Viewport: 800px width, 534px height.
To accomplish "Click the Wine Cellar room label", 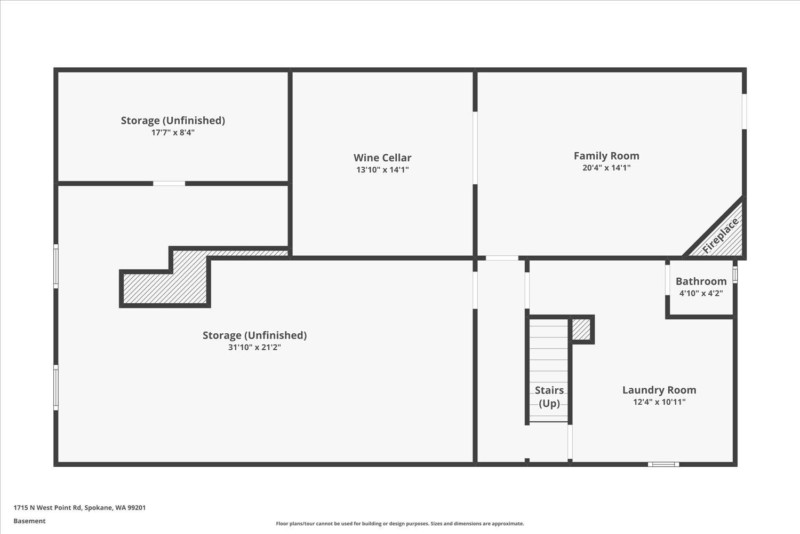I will (382, 158).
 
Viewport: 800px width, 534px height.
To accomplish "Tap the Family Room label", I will (606, 155).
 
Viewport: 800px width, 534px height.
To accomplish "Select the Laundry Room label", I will (659, 390).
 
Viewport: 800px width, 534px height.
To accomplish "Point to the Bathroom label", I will (701, 281).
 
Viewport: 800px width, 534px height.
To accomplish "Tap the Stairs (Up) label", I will (549, 396).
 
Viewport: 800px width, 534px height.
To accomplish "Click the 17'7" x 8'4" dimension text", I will (173, 132).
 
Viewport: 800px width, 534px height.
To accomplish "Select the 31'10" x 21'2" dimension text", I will (254, 347).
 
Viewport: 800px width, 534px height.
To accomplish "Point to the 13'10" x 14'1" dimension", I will (382, 170).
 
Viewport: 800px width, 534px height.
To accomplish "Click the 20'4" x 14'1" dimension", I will (606, 168).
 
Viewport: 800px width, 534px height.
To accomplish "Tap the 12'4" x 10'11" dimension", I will (659, 402).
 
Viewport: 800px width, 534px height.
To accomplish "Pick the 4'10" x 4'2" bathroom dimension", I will (701, 293).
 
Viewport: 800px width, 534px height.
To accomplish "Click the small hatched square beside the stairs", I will (581, 329).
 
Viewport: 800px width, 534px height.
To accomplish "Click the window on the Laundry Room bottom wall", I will (663, 464).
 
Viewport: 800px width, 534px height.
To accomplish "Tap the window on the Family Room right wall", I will (744, 112).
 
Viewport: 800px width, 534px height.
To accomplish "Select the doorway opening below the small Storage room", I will (169, 184).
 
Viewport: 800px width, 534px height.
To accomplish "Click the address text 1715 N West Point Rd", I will (79, 508).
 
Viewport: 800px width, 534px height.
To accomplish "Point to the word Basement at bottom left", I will (29, 521).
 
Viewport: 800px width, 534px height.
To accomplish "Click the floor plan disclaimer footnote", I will (399, 524).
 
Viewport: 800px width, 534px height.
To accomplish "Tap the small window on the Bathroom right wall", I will (735, 274).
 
